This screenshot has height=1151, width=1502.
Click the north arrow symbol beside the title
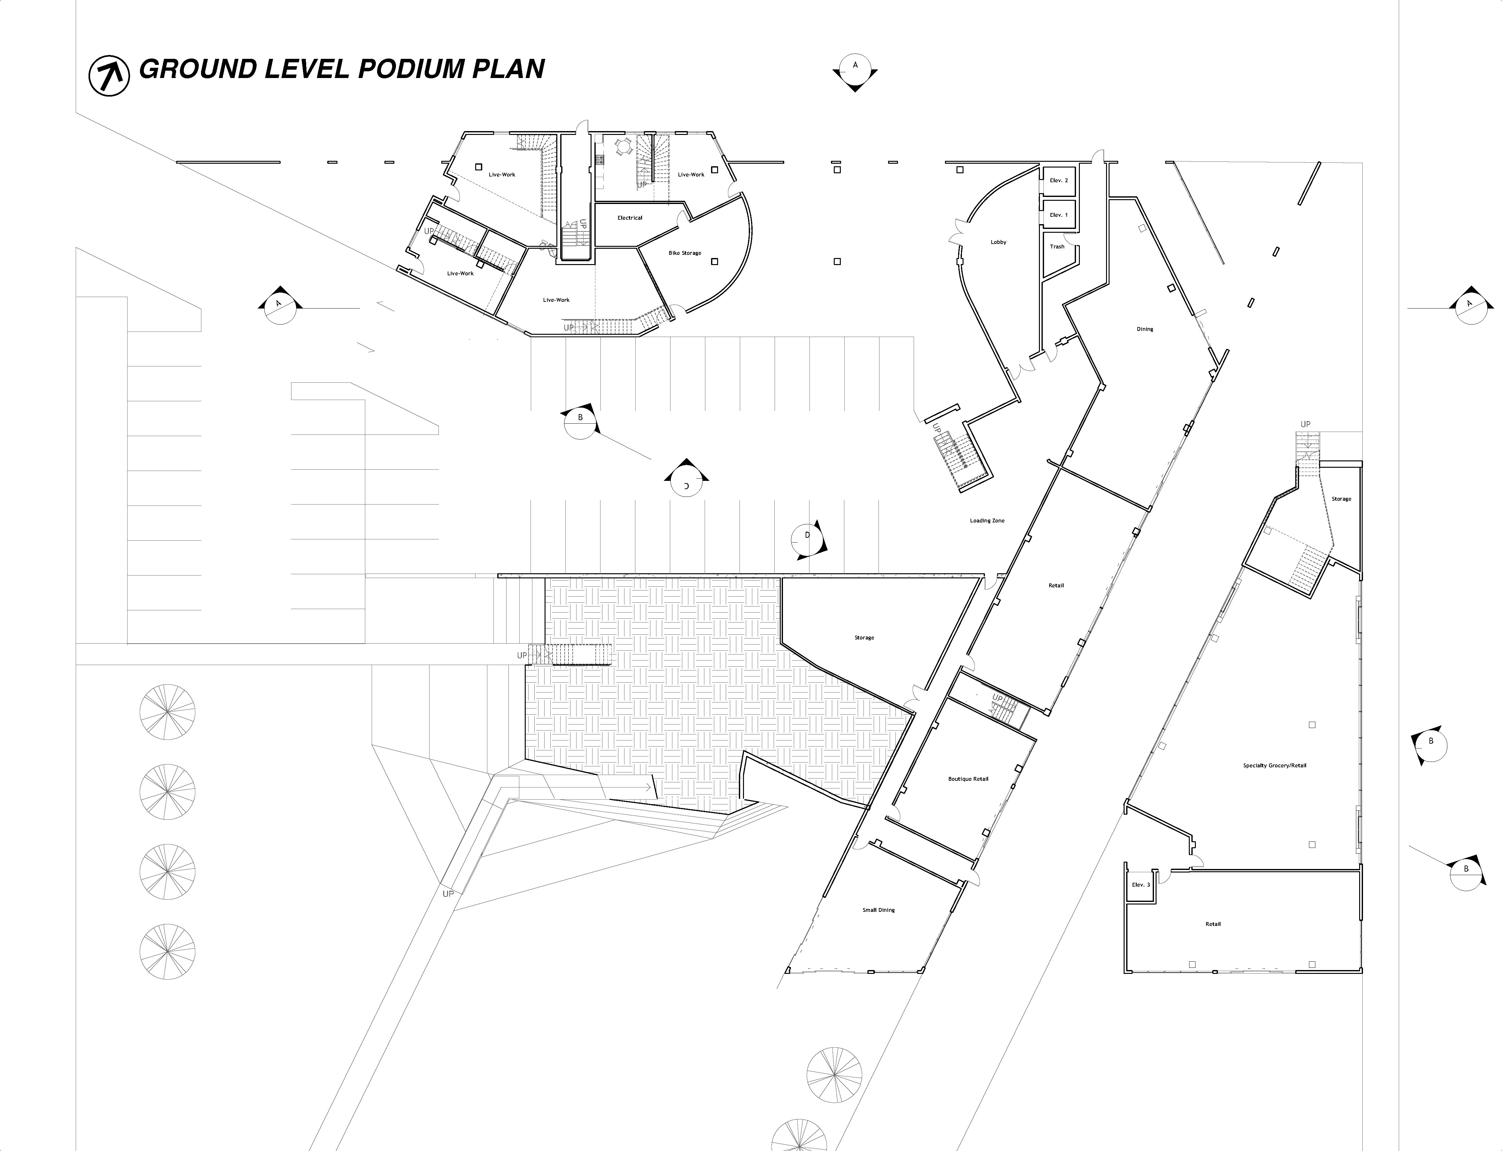click(109, 75)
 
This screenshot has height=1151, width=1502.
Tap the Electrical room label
click(630, 218)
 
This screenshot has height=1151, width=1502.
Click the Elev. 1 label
click(1058, 215)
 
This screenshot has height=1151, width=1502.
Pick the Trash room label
click(1057, 247)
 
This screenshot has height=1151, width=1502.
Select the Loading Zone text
click(987, 521)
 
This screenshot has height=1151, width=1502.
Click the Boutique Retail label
click(968, 779)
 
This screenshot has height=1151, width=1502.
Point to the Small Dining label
click(878, 910)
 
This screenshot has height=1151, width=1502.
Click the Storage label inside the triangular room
click(864, 638)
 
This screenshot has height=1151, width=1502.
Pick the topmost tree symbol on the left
click(167, 712)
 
